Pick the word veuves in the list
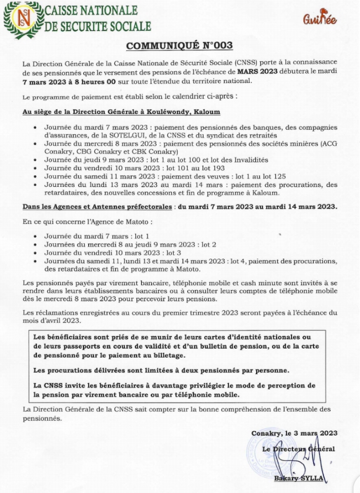click(201, 176)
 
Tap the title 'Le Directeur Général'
click(299, 449)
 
